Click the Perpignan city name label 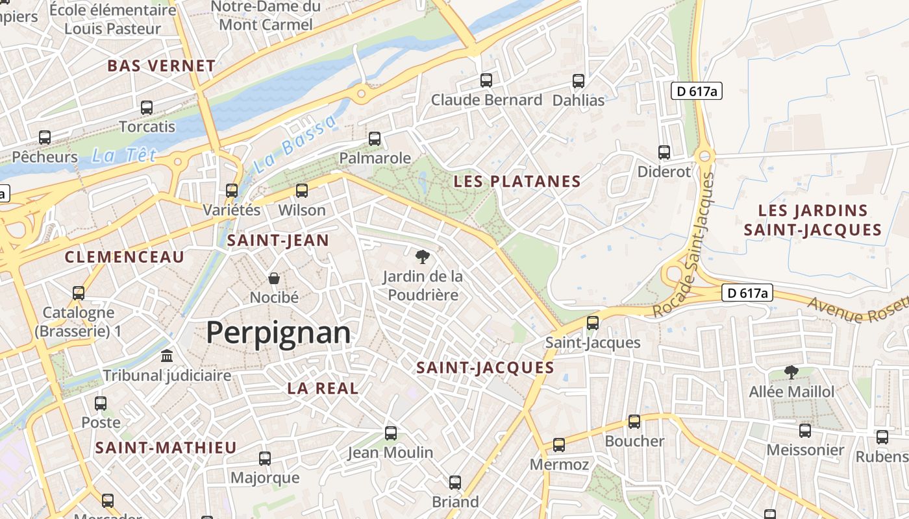click(278, 333)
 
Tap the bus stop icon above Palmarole click(375, 138)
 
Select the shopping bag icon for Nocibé click(274, 278)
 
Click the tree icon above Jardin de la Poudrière click(423, 256)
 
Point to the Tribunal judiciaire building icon click(167, 356)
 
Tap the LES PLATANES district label click(517, 181)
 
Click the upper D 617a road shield click(696, 91)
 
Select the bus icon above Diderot click(664, 152)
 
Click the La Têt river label click(116, 156)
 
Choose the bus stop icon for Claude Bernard click(486, 80)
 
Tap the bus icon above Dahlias click(578, 81)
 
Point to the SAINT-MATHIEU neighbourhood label click(166, 448)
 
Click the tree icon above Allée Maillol click(791, 372)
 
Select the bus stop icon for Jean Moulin click(390, 433)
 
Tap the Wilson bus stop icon click(301, 191)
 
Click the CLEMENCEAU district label click(125, 257)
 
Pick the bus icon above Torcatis click(147, 107)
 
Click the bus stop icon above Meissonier click(805, 430)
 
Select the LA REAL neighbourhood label click(323, 389)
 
